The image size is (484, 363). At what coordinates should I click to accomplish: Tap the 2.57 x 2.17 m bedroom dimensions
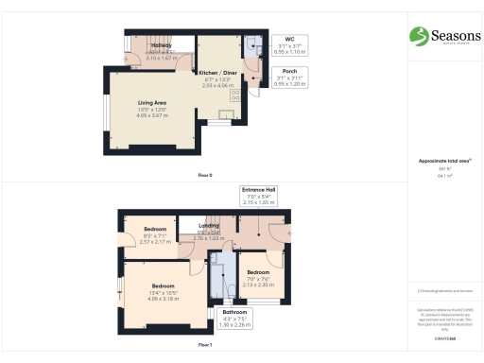pos(156,242)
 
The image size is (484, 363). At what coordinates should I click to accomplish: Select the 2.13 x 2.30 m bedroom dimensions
pos(257,283)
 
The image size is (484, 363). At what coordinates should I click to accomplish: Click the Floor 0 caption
pos(204,176)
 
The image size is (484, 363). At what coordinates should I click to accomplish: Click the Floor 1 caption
pos(204,346)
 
